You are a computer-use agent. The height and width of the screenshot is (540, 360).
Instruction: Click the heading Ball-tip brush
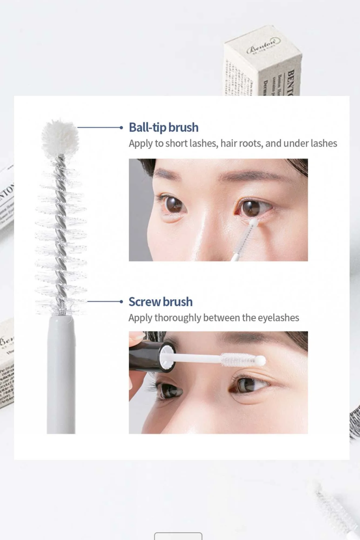click(163, 127)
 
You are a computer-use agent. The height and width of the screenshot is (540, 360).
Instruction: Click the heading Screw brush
click(160, 302)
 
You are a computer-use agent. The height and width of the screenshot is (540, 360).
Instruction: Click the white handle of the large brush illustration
click(61, 375)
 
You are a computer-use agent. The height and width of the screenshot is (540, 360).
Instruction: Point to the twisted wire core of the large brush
click(61, 230)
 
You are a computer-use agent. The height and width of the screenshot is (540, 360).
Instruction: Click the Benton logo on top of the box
click(263, 45)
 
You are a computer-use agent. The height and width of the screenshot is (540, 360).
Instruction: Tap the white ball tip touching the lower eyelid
click(254, 222)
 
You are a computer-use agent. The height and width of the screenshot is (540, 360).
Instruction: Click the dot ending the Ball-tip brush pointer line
click(121, 127)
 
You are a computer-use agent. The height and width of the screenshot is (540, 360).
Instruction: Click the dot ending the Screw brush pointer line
click(121, 302)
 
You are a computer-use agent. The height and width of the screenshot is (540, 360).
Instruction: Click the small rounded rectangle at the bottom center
click(178, 536)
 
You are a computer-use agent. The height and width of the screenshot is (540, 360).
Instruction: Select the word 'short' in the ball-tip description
click(177, 143)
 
